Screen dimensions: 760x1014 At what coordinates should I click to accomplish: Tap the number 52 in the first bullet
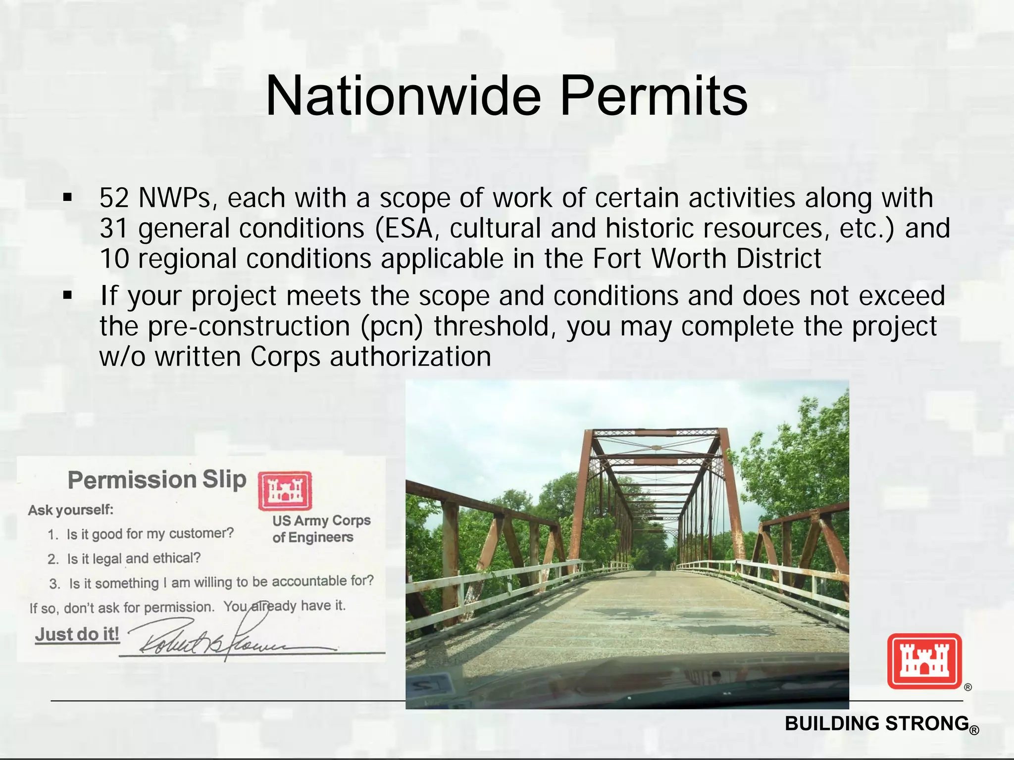click(114, 198)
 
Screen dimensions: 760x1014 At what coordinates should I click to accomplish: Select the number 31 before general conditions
click(114, 229)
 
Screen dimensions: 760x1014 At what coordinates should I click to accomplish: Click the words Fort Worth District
click(707, 259)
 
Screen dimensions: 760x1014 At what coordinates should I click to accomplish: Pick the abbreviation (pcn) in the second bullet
click(391, 327)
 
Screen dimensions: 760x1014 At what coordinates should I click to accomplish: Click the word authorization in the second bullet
click(410, 357)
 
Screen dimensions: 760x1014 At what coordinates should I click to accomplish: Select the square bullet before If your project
click(68, 296)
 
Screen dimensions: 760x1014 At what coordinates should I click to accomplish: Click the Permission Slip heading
click(156, 480)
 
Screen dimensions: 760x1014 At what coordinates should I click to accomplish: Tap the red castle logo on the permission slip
click(285, 490)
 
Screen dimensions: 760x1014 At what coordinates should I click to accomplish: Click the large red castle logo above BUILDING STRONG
click(924, 661)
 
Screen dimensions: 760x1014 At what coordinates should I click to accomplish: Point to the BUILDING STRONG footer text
click(877, 723)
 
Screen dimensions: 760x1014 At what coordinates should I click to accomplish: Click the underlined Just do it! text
click(77, 634)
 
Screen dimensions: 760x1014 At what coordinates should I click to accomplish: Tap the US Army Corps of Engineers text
click(321, 528)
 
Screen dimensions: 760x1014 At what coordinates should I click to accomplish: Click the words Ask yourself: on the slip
click(71, 510)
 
